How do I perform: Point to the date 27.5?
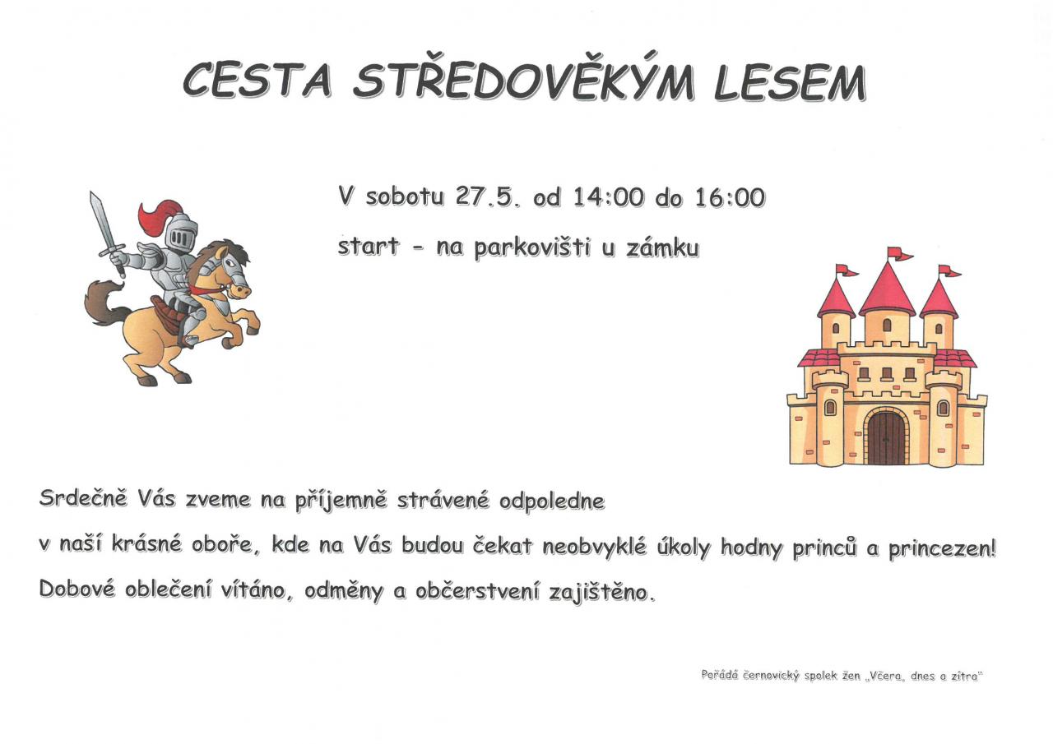point(487,197)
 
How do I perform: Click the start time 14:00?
point(608,197)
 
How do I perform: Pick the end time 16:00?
point(730,197)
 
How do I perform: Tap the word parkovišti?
point(532,248)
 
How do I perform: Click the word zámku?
point(662,248)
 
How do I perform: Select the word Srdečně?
point(83,498)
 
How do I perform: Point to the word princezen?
point(942,548)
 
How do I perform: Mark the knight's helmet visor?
point(179,238)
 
